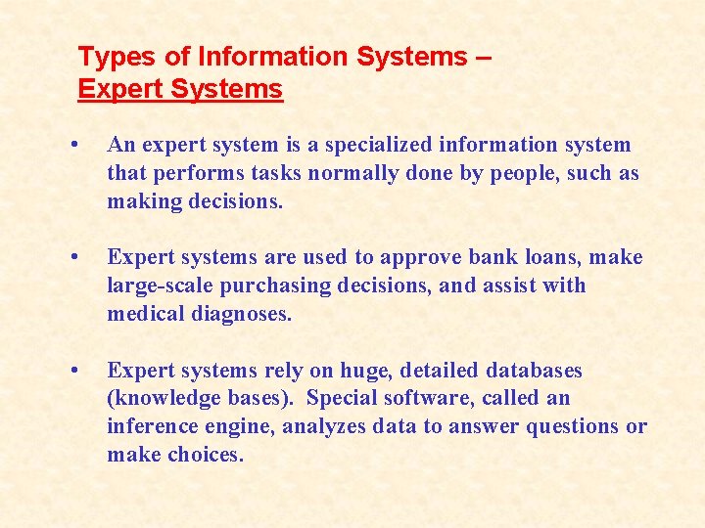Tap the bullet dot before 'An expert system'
(x=75, y=145)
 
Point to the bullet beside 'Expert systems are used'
(x=75, y=257)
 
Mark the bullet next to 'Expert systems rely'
(x=75, y=371)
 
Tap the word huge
(x=363, y=372)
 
